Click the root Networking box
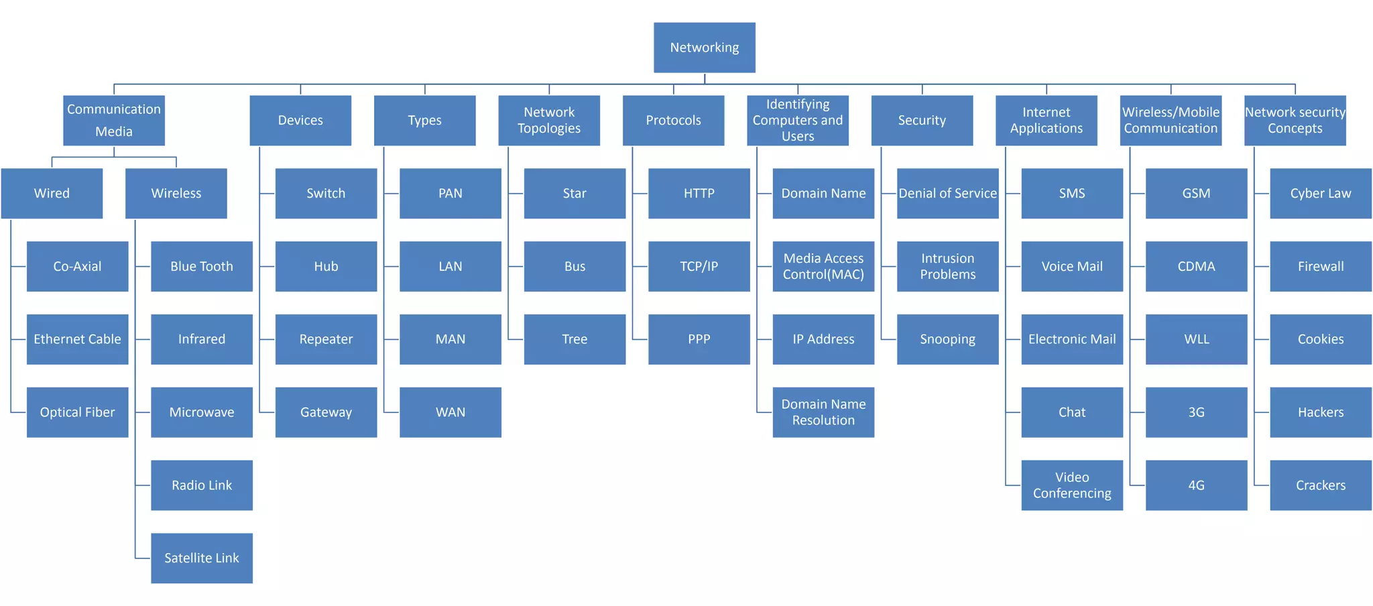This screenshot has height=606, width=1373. [704, 48]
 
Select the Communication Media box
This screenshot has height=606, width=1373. [114, 120]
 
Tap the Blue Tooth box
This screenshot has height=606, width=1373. [201, 266]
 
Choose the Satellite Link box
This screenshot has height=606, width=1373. [201, 558]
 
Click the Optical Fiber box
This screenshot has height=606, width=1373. [77, 412]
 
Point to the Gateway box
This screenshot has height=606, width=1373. [326, 412]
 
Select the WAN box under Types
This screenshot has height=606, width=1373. [450, 412]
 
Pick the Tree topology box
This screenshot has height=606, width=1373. [575, 339]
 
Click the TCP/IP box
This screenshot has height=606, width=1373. [699, 266]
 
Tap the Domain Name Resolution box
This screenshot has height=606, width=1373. [823, 412]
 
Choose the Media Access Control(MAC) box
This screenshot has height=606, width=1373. [823, 266]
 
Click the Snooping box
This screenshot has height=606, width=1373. [947, 339]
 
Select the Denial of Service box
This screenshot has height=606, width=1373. [947, 193]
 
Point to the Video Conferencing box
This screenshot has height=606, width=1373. [1072, 485]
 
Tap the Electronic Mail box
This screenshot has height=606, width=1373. [1072, 339]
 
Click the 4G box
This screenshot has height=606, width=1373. [1196, 485]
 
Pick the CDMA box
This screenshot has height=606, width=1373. [1196, 266]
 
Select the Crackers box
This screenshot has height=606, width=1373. [1320, 485]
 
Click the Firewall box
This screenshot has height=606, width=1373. [1320, 266]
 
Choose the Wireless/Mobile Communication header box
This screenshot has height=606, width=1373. [1171, 120]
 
